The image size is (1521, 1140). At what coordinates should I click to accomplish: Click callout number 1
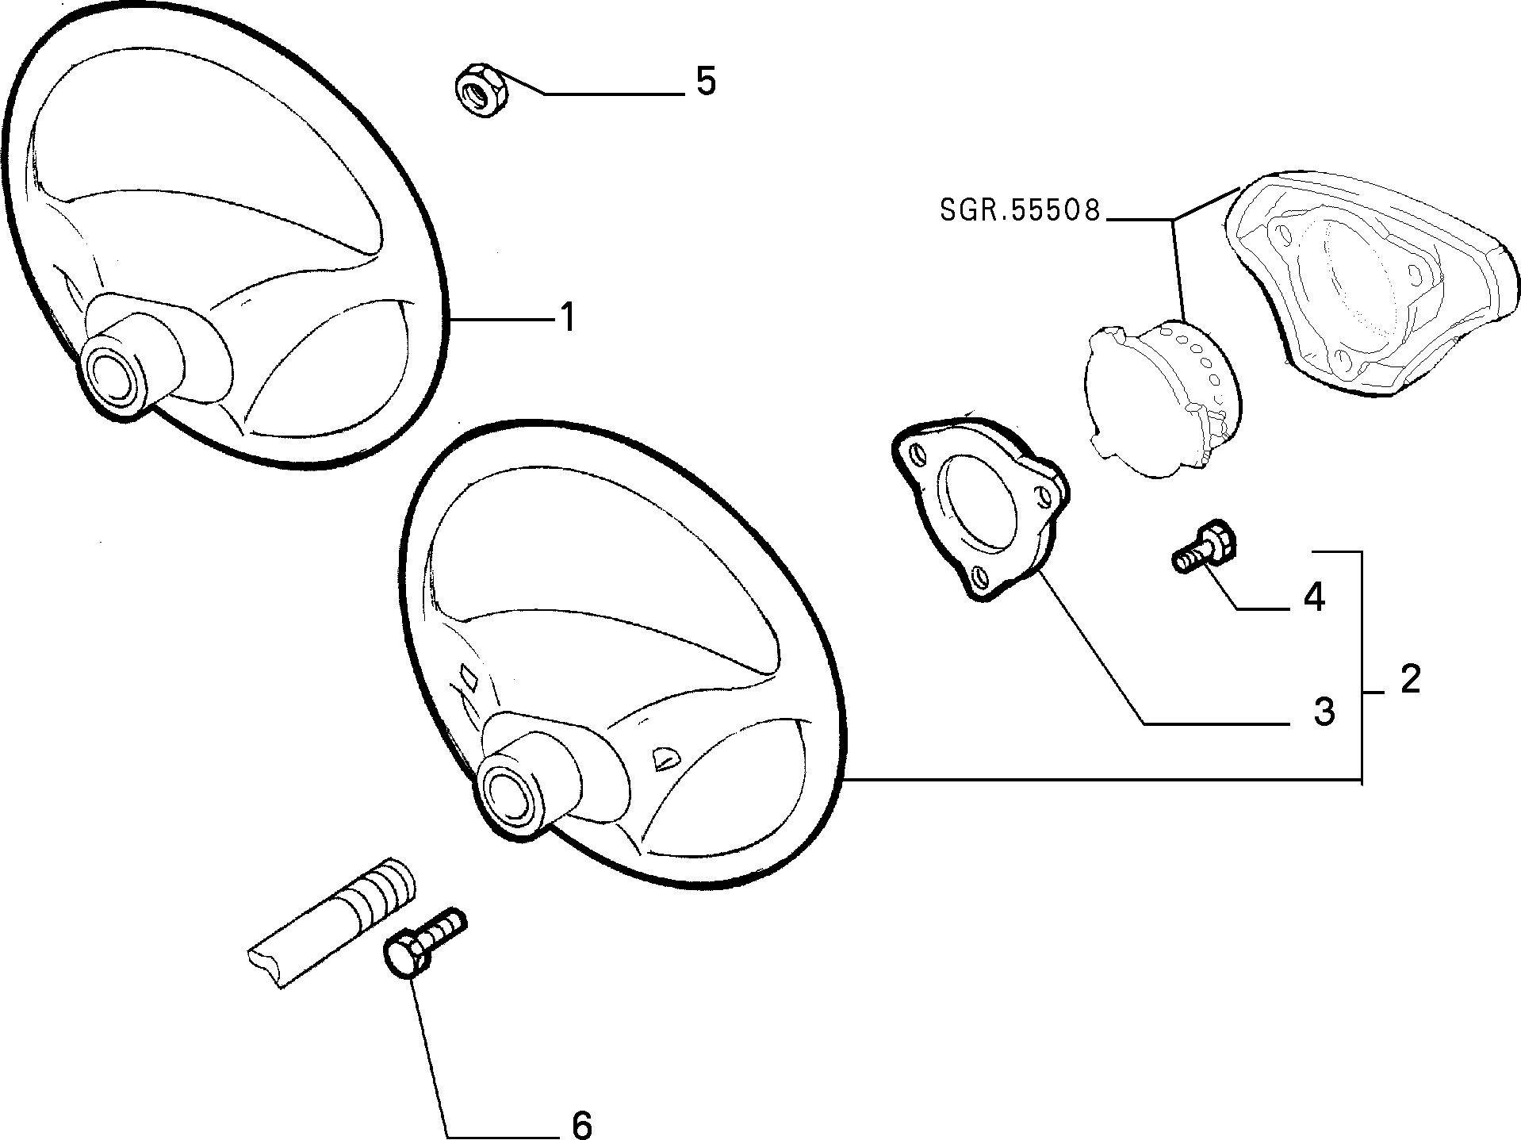point(568,317)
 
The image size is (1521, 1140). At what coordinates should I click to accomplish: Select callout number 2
point(1409,679)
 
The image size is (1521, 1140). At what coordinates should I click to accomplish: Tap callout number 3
point(1324,712)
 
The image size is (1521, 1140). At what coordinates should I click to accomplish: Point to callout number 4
point(1314,597)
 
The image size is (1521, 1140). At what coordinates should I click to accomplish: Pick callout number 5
point(706,81)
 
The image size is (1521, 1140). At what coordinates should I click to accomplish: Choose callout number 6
point(581,1124)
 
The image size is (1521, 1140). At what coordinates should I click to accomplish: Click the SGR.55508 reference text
point(1021,209)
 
